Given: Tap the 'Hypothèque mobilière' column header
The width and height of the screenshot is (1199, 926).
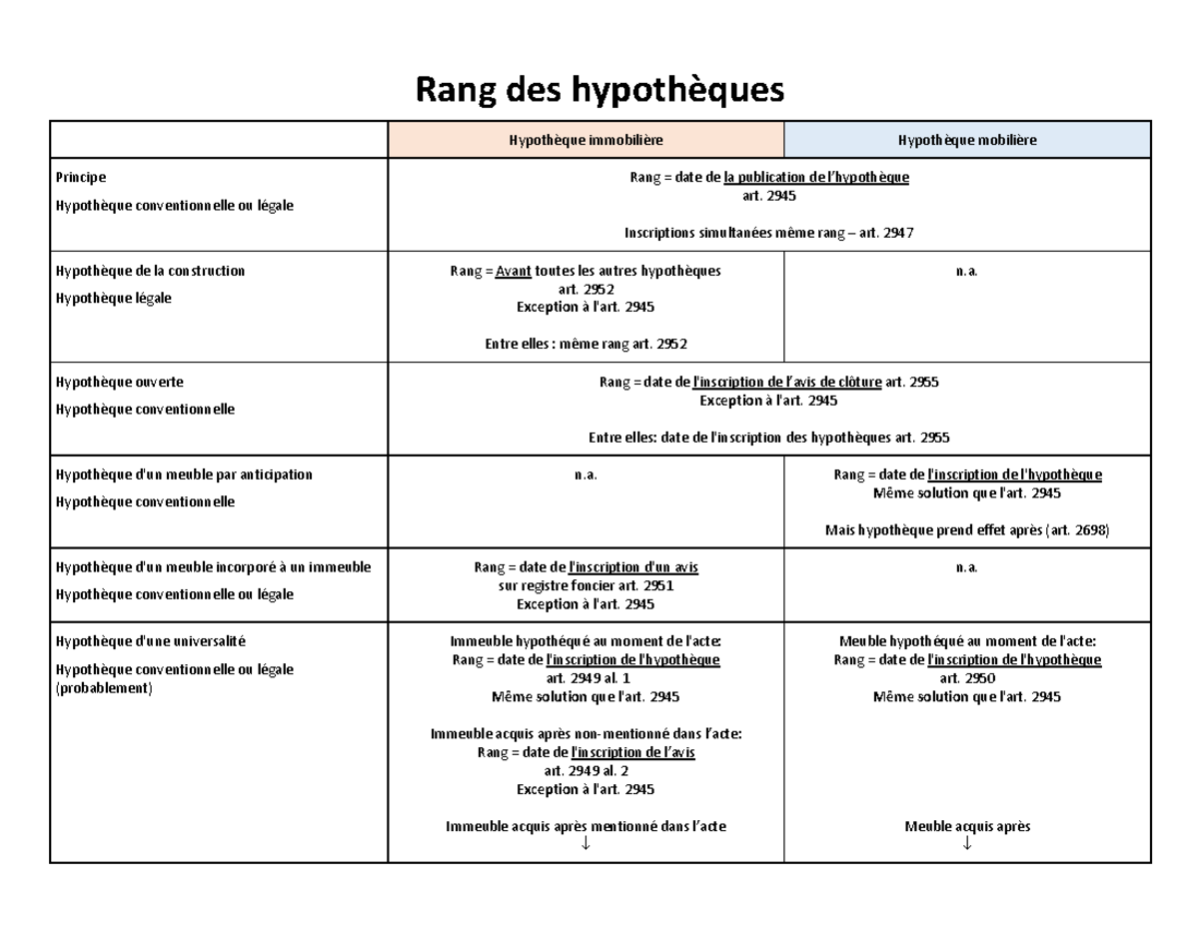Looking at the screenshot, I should [966, 140].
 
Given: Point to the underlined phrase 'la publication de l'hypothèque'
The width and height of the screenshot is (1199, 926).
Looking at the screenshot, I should [816, 178].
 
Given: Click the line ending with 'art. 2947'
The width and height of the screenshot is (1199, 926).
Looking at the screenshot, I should [768, 233].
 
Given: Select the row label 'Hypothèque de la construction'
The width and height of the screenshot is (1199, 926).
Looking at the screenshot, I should [150, 271].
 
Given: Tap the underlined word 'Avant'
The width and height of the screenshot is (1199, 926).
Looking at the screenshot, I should [514, 271].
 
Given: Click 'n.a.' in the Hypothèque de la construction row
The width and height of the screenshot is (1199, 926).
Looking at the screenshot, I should [967, 271].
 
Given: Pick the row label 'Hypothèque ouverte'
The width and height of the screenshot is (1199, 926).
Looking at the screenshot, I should [120, 382].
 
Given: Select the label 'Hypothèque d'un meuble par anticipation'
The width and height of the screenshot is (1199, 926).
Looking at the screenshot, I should [184, 474].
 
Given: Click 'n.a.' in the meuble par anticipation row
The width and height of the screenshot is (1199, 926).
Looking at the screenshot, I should [586, 474].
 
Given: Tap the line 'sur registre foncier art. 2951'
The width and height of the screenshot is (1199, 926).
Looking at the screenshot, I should [586, 585].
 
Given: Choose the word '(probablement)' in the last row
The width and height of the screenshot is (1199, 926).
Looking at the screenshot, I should [104, 688].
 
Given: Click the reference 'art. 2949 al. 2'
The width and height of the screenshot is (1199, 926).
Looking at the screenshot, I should [586, 771].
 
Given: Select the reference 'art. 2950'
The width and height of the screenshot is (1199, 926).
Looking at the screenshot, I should [967, 678].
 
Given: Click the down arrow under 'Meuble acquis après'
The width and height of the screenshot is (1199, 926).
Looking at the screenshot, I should [967, 845].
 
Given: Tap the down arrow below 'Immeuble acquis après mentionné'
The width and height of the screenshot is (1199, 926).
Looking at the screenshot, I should [586, 845].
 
